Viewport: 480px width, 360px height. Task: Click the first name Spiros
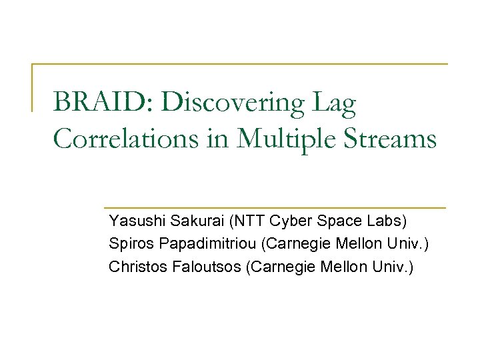point(127,244)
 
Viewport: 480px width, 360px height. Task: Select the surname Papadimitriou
point(204,244)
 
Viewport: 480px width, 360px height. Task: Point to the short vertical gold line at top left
point(33,87)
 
